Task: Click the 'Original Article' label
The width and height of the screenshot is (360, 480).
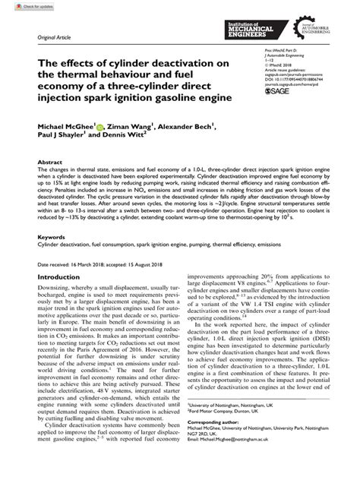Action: pos(43,36)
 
